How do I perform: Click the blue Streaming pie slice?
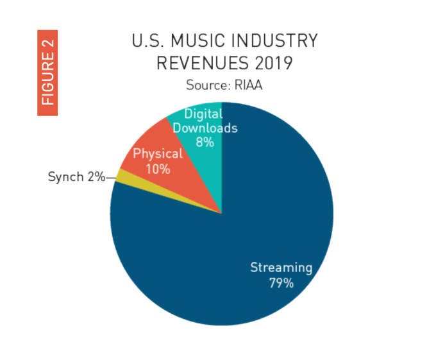tap(212, 257)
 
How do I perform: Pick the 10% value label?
tap(157, 169)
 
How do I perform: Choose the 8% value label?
tap(205, 142)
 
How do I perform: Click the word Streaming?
tap(281, 268)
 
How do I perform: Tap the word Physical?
tap(158, 154)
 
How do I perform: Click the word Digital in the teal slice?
tap(203, 114)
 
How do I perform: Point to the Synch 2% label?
tap(76, 176)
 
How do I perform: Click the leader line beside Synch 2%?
tap(110, 175)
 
